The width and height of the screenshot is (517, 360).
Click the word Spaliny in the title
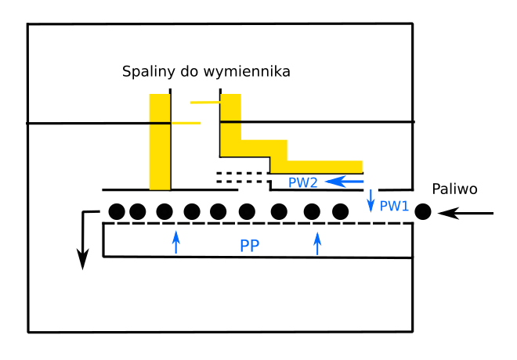[x=147, y=72]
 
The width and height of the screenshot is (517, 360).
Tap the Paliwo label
[x=454, y=189]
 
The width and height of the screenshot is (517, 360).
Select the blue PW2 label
[x=302, y=182]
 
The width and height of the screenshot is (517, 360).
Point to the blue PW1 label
[x=394, y=206]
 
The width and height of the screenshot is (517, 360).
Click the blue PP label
[x=250, y=245]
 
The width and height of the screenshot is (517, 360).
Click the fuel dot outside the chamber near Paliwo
[x=423, y=211]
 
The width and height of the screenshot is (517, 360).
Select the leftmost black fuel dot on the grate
[x=117, y=211]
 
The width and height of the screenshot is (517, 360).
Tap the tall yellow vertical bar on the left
[x=160, y=142]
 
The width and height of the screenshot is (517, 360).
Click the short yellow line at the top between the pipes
[x=205, y=102]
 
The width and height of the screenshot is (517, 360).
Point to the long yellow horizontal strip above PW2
[x=316, y=166]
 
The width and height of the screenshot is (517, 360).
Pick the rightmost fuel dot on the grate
[x=340, y=211]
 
